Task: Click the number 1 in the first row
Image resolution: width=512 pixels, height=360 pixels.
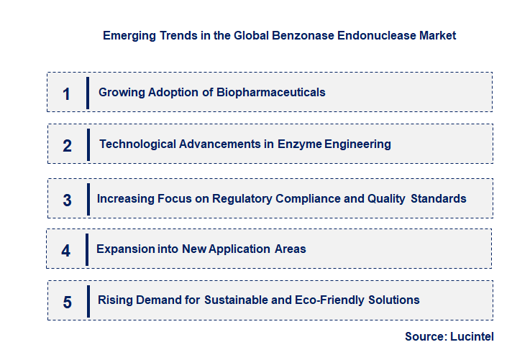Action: coord(67,94)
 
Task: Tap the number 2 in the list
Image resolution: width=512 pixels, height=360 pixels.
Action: coord(67,146)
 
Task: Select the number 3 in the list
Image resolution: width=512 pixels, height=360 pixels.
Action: coord(67,200)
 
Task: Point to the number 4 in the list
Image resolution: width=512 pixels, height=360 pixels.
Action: coord(66,251)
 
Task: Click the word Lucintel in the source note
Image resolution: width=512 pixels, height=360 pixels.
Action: coord(472,336)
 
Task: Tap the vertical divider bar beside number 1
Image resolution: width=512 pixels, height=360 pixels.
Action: coord(87,93)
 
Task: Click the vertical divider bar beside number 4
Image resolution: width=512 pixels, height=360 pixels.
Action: coord(86,249)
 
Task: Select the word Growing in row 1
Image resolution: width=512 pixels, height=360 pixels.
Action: coord(120,93)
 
